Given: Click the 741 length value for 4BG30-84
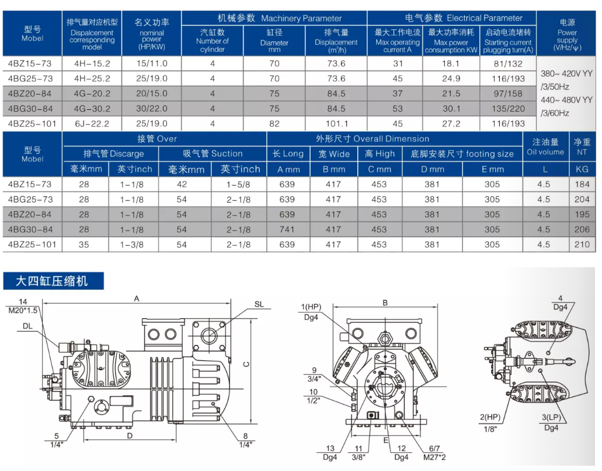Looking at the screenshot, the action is tap(287, 229).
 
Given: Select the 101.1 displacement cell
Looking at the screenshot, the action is tap(337, 124).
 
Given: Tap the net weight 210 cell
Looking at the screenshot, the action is tap(582, 245).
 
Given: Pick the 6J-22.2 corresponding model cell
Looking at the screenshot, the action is tap(92, 124).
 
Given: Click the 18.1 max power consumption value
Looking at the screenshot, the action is tap(451, 64).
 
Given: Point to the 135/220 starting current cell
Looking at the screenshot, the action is tap(508, 109).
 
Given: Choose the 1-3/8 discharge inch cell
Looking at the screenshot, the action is tap(132, 245).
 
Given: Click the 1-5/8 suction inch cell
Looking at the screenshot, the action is tap(238, 184).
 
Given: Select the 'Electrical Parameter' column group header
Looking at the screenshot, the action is tap(463, 18).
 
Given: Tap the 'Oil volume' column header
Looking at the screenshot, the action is tap(545, 152).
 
